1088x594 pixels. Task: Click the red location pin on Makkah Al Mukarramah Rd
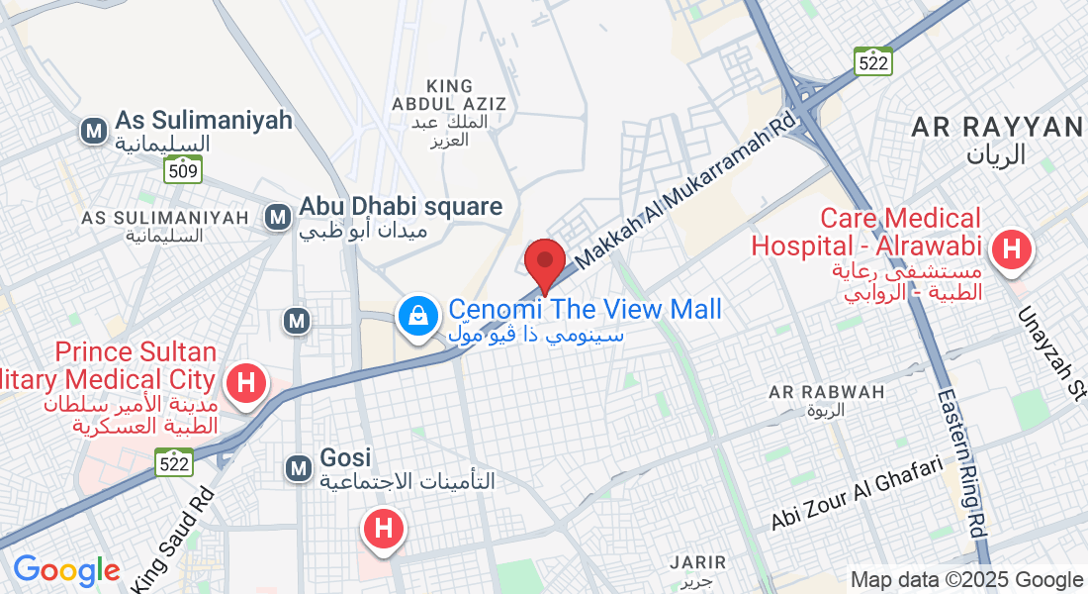(544, 261)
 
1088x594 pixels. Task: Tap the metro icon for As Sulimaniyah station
(95, 130)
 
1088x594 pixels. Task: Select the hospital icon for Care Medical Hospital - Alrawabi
(1011, 248)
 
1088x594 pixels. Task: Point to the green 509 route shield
(184, 171)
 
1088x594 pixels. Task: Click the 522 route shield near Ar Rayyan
(874, 61)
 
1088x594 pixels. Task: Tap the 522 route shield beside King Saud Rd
(174, 461)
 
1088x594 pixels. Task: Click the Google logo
(66, 570)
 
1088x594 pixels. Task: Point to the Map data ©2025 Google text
(966, 580)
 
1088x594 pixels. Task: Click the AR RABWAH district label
(827, 392)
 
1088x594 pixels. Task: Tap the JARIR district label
(697, 562)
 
